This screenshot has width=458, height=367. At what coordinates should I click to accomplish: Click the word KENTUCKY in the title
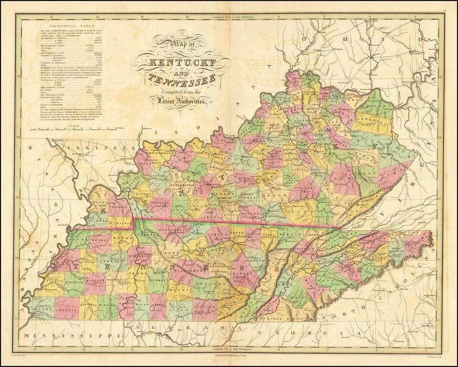177,64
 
